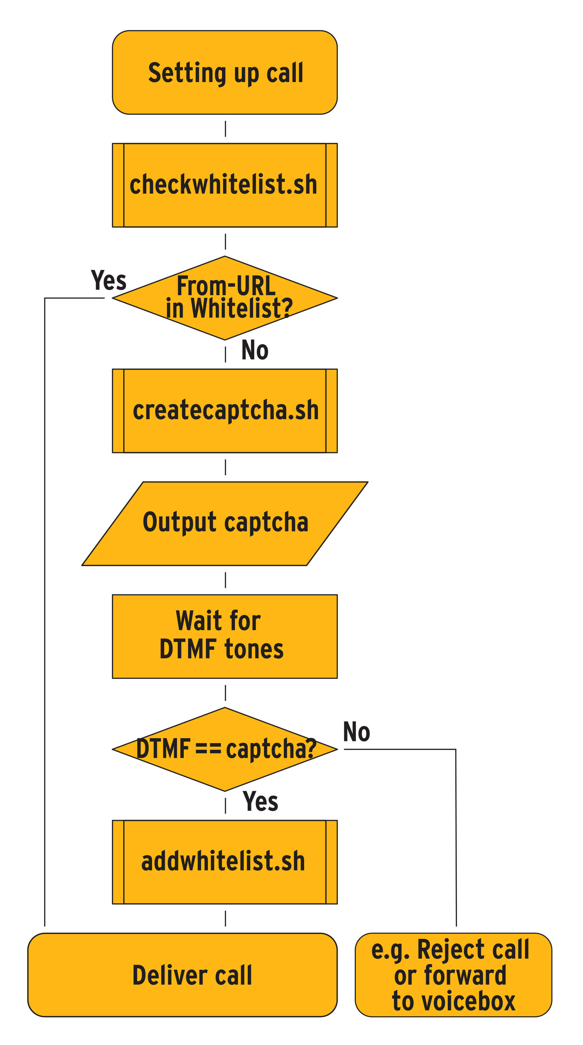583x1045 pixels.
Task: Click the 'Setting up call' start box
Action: tap(224, 72)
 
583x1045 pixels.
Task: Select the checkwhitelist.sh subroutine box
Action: tap(224, 185)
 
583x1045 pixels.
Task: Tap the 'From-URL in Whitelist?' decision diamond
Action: tap(224, 298)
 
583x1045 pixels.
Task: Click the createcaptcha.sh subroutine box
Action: tap(224, 410)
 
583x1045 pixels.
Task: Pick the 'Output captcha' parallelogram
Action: tap(224, 523)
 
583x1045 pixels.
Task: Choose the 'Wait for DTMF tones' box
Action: tap(224, 636)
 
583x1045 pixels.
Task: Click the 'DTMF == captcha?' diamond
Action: tap(224, 749)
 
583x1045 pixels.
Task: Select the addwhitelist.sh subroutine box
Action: tap(224, 862)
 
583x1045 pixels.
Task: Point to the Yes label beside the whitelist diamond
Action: tap(108, 280)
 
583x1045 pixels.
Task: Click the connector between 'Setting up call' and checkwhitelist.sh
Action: tap(225, 129)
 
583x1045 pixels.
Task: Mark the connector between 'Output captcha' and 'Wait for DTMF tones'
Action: tap(225, 580)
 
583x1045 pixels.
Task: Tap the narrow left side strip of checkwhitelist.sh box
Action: tap(118, 185)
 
